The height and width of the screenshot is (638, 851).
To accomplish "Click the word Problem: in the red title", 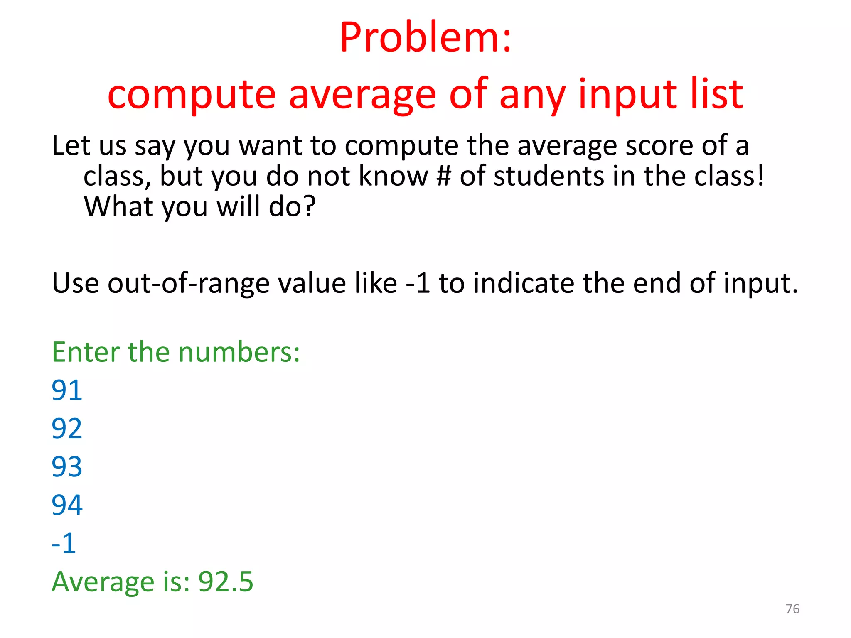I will (425, 38).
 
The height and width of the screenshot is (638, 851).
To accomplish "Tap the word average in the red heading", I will (362, 95).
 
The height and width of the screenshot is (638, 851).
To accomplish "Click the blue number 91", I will (67, 390).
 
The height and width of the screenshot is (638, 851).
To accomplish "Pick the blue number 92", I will (67, 429).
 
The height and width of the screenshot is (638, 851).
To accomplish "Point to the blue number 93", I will (67, 467).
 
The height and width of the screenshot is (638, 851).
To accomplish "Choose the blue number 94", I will (67, 505).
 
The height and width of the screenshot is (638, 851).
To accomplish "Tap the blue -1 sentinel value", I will (64, 543).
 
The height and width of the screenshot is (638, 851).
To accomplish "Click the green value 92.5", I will (226, 582).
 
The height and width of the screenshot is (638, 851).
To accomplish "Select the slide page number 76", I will (792, 609).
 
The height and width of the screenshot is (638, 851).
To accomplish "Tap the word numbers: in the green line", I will (239, 352).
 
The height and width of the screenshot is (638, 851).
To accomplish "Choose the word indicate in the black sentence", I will (524, 283).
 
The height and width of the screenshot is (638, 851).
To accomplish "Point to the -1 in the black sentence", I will (418, 283).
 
